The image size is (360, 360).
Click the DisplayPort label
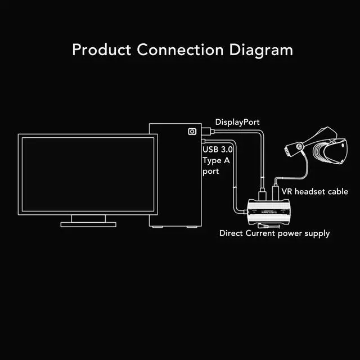[238, 122]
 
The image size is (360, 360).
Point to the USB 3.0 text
[217, 150]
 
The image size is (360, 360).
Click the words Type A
[215, 160]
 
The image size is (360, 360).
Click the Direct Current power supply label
[274, 233]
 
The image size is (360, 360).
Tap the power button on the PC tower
[192, 131]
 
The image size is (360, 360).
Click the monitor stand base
[88, 224]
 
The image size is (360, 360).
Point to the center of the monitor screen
[87, 174]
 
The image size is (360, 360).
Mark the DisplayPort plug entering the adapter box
[262, 193]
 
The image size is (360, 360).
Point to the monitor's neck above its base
[88, 218]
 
